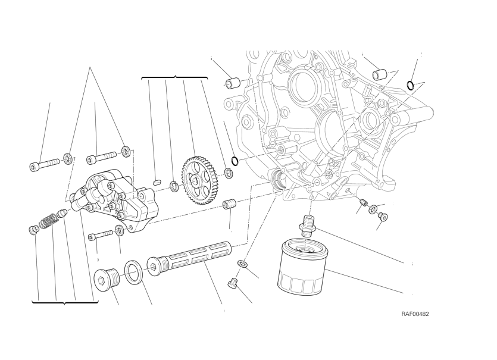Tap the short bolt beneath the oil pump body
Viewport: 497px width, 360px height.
coord(100,236)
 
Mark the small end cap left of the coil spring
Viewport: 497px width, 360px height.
coord(34,230)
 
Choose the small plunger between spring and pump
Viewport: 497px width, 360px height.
coord(61,215)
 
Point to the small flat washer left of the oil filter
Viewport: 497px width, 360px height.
coord(242,263)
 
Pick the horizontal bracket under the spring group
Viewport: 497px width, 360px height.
coord(64,302)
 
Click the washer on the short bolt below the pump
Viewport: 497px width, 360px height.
coord(119,231)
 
